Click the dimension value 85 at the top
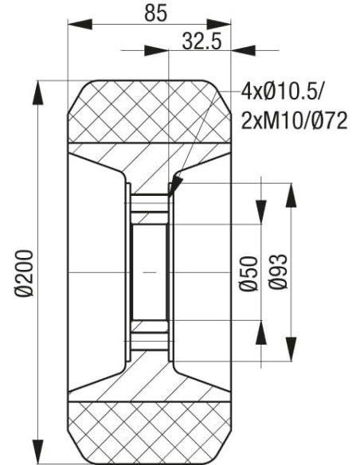click(x=150, y=13)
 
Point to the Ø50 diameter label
click(x=248, y=273)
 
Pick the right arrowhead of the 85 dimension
click(x=224, y=25)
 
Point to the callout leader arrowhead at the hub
click(x=174, y=186)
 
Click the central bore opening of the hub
click(x=149, y=272)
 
